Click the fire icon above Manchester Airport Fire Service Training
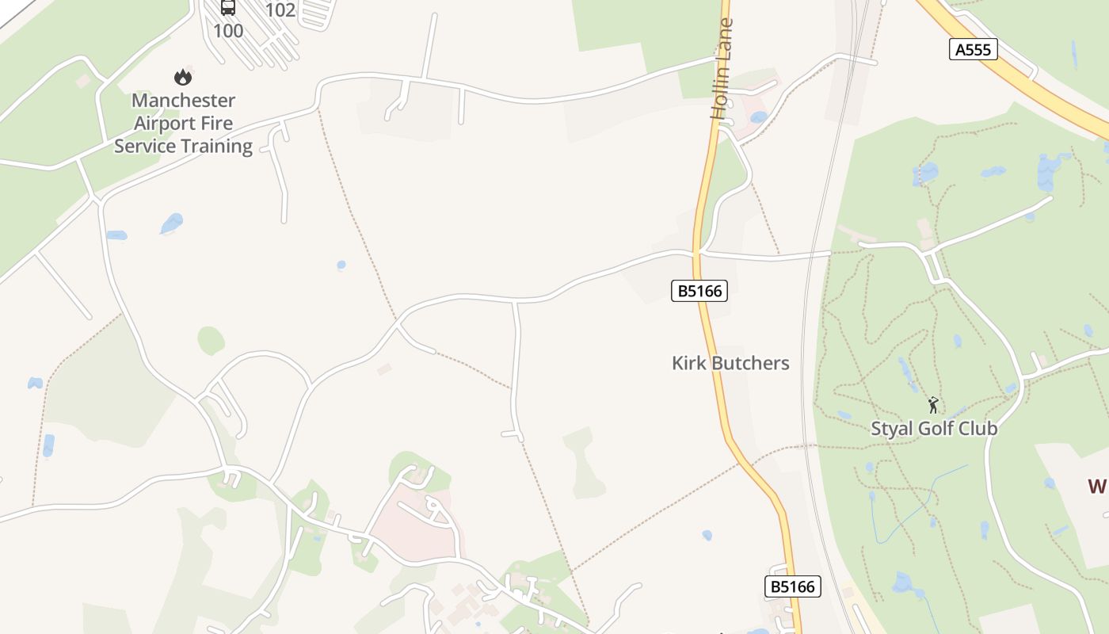click(183, 77)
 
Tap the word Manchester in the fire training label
click(183, 101)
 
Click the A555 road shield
click(973, 50)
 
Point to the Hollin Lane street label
click(721, 69)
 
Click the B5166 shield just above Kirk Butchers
click(699, 291)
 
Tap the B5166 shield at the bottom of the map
click(793, 586)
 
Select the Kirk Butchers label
click(730, 363)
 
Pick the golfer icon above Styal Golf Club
click(933, 405)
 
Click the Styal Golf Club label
click(934, 428)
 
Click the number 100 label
click(228, 31)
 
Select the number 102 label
click(280, 10)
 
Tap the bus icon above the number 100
click(228, 7)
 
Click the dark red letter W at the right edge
click(1098, 486)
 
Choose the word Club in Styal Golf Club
click(979, 428)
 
